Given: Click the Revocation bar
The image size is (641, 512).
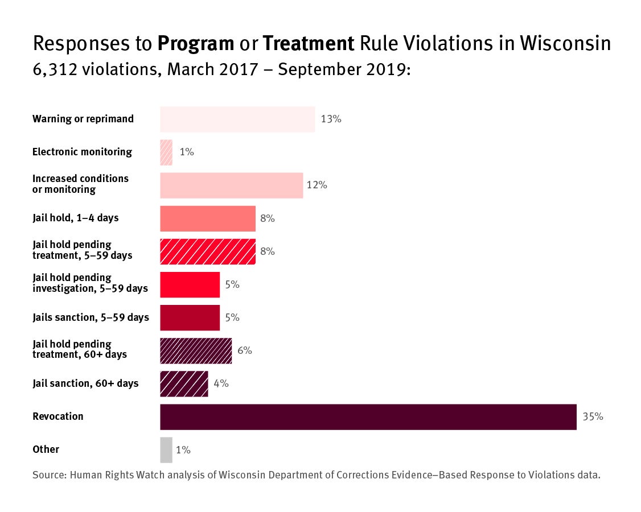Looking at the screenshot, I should (368, 416).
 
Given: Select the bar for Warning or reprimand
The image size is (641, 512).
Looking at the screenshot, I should (237, 119).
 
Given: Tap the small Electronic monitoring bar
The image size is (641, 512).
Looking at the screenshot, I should (166, 152).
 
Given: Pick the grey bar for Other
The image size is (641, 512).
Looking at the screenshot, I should (166, 449).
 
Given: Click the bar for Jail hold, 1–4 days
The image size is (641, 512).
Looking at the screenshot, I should (207, 218).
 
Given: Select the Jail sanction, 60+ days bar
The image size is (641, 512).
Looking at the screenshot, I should (184, 383).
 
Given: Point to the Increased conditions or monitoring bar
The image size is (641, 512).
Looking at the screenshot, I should (231, 185).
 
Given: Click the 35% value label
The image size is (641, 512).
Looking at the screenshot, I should (593, 416).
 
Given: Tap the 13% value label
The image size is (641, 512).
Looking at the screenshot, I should (331, 119).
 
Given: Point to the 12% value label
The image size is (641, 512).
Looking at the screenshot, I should (317, 185).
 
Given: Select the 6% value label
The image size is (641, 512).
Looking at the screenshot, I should (245, 350).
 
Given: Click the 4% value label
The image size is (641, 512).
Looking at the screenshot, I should (221, 383).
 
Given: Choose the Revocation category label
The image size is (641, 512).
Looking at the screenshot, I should (57, 416).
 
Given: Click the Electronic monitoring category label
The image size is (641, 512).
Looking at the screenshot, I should (82, 152).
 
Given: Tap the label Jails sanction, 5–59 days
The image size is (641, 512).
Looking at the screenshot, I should (91, 317).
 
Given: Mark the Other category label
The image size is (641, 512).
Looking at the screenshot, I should (46, 449).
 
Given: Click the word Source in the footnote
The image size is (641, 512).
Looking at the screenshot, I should (48, 475).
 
